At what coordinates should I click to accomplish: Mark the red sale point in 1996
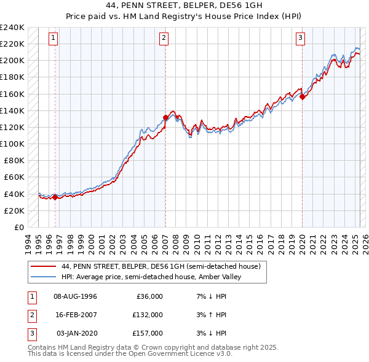click(55, 197)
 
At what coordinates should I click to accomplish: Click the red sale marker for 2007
click(165, 117)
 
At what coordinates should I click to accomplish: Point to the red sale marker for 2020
click(302, 96)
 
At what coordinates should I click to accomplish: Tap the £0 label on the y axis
click(18, 227)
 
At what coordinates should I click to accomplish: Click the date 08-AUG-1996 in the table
click(75, 296)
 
